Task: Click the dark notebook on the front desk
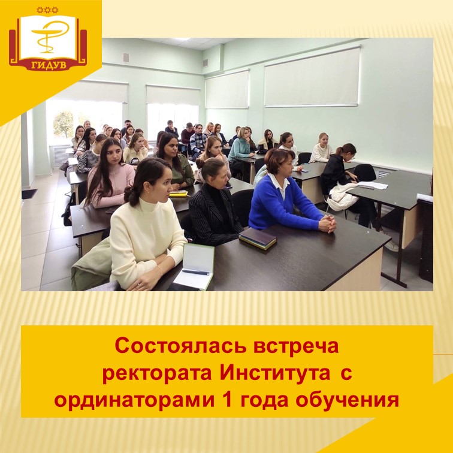[x=258, y=239]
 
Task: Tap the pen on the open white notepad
[x=195, y=273]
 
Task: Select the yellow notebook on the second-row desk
[x=178, y=193]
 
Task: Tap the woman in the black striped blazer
[x=213, y=210]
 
